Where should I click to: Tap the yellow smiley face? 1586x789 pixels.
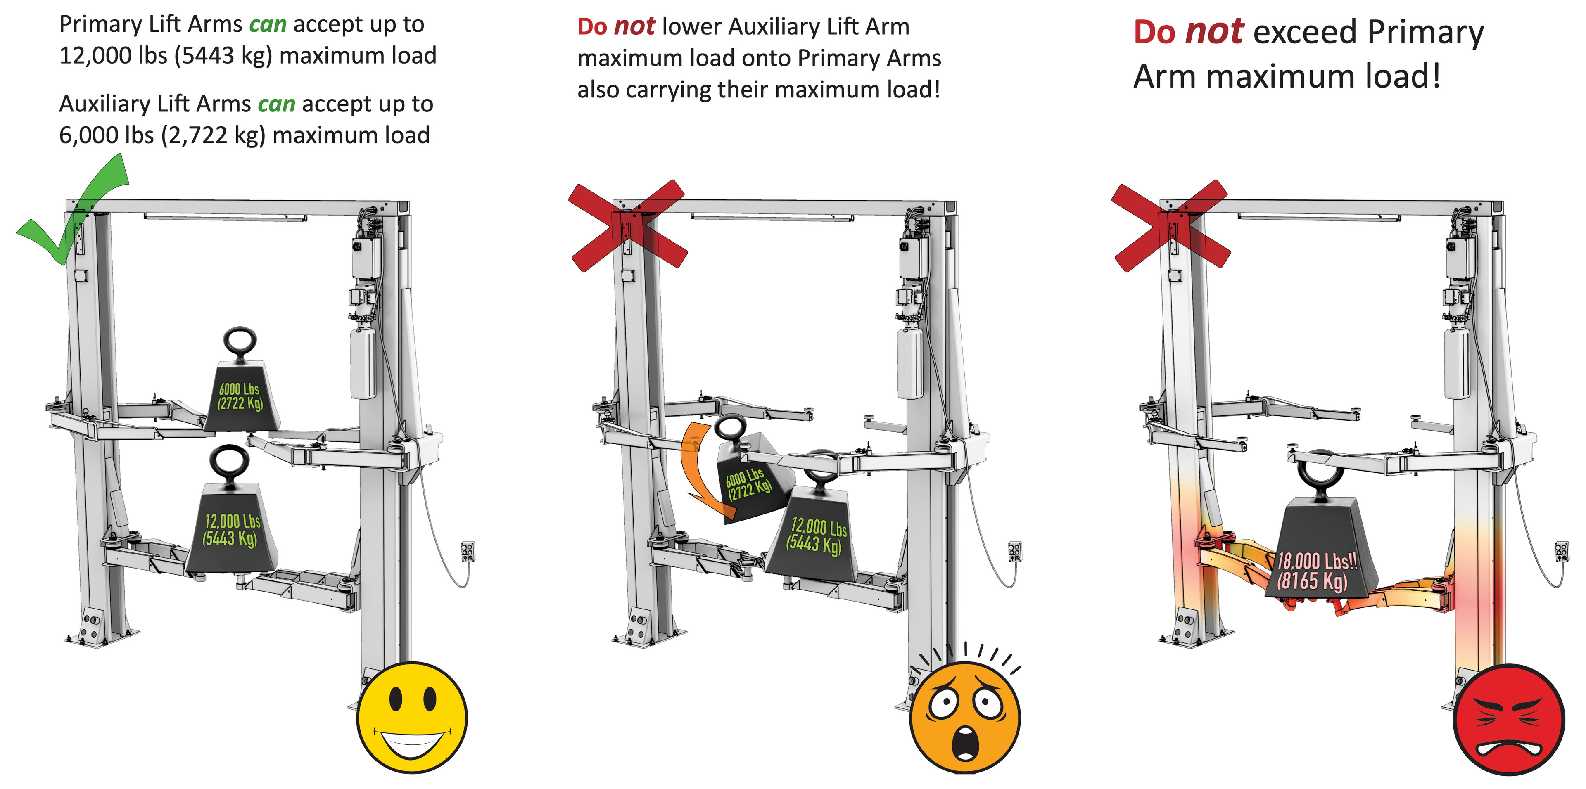412,718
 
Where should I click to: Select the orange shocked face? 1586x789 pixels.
965,718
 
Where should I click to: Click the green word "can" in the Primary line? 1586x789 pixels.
268,25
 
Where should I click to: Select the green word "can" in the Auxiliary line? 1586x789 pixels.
276,104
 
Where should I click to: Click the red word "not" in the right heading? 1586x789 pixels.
1215,32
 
